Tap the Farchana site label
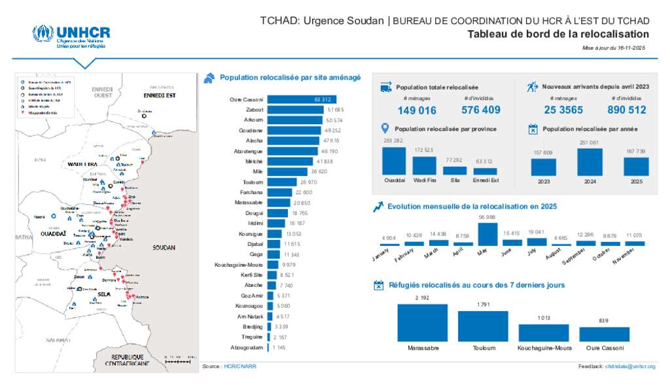tap(253, 192)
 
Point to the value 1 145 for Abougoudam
tap(279, 347)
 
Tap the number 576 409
tap(481, 110)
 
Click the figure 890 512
tap(626, 110)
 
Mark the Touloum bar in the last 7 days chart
tap(484, 326)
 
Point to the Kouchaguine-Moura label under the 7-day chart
tap(544, 348)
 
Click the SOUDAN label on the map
tap(164, 248)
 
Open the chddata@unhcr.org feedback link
tap(630, 367)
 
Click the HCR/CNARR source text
tap(240, 367)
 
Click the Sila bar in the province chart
tap(455, 170)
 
